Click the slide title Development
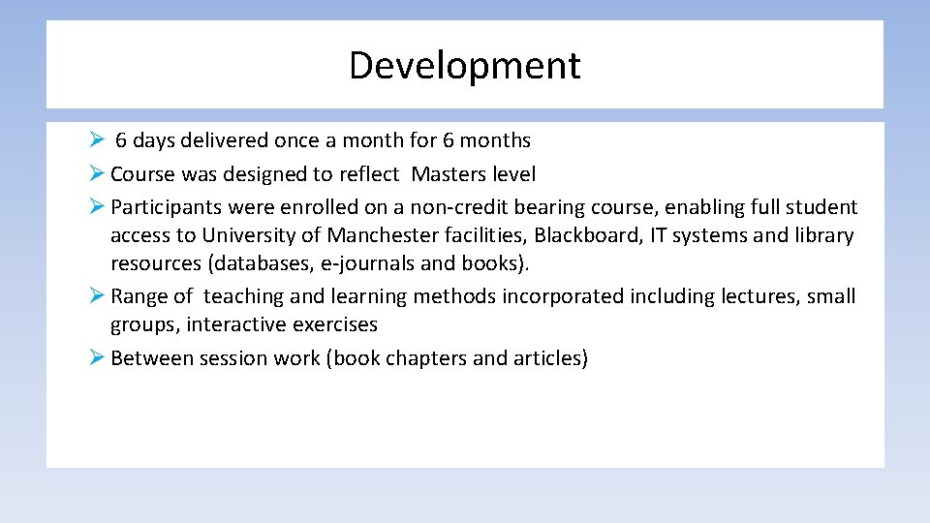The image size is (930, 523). coord(465,66)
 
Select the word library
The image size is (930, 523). coord(823,235)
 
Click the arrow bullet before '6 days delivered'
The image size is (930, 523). coord(96,139)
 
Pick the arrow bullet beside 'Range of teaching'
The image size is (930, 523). coord(96,295)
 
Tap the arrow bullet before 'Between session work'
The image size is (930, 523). coord(96,357)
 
